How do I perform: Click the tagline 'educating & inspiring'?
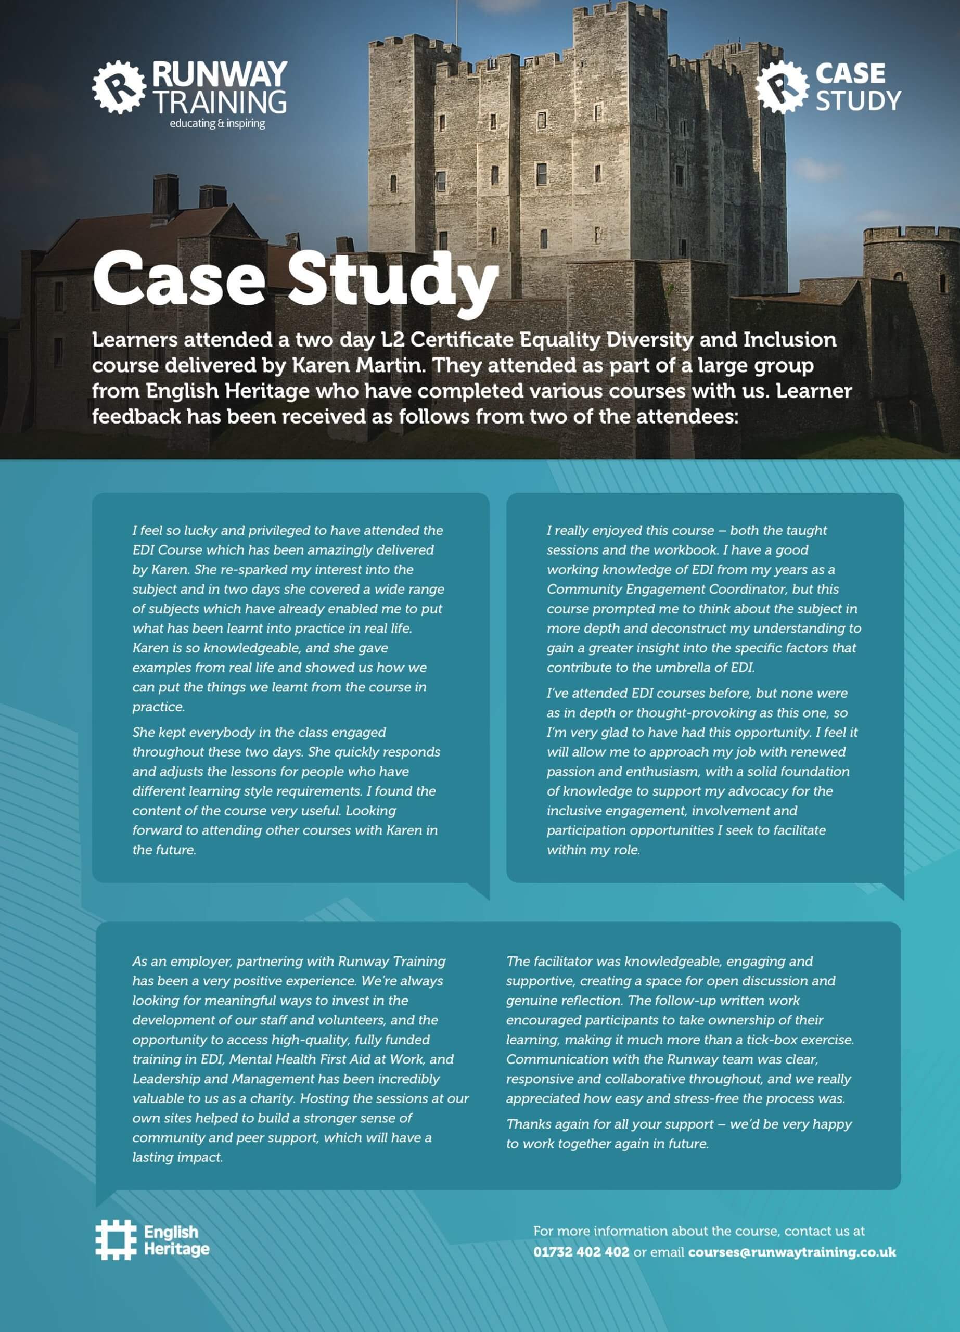(x=217, y=124)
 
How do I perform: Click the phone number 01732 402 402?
(x=581, y=1251)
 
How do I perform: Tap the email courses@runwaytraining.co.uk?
(x=791, y=1251)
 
